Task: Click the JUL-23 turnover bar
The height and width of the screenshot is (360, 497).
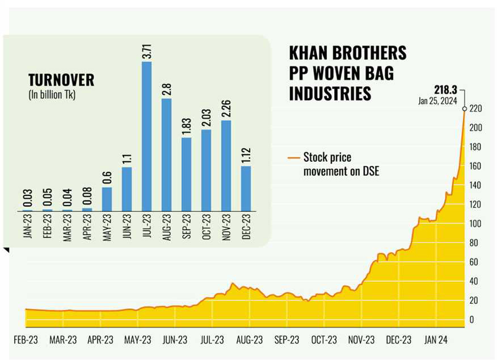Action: click(146, 136)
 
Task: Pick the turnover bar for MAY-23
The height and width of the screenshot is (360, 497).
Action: click(107, 199)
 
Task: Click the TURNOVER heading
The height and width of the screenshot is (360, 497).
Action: click(61, 81)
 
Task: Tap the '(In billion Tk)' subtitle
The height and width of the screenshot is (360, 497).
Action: click(52, 95)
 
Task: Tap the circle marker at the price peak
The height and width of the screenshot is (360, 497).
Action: click(465, 109)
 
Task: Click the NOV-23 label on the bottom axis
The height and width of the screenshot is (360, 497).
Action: click(361, 340)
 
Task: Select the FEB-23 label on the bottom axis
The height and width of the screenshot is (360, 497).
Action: click(26, 340)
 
